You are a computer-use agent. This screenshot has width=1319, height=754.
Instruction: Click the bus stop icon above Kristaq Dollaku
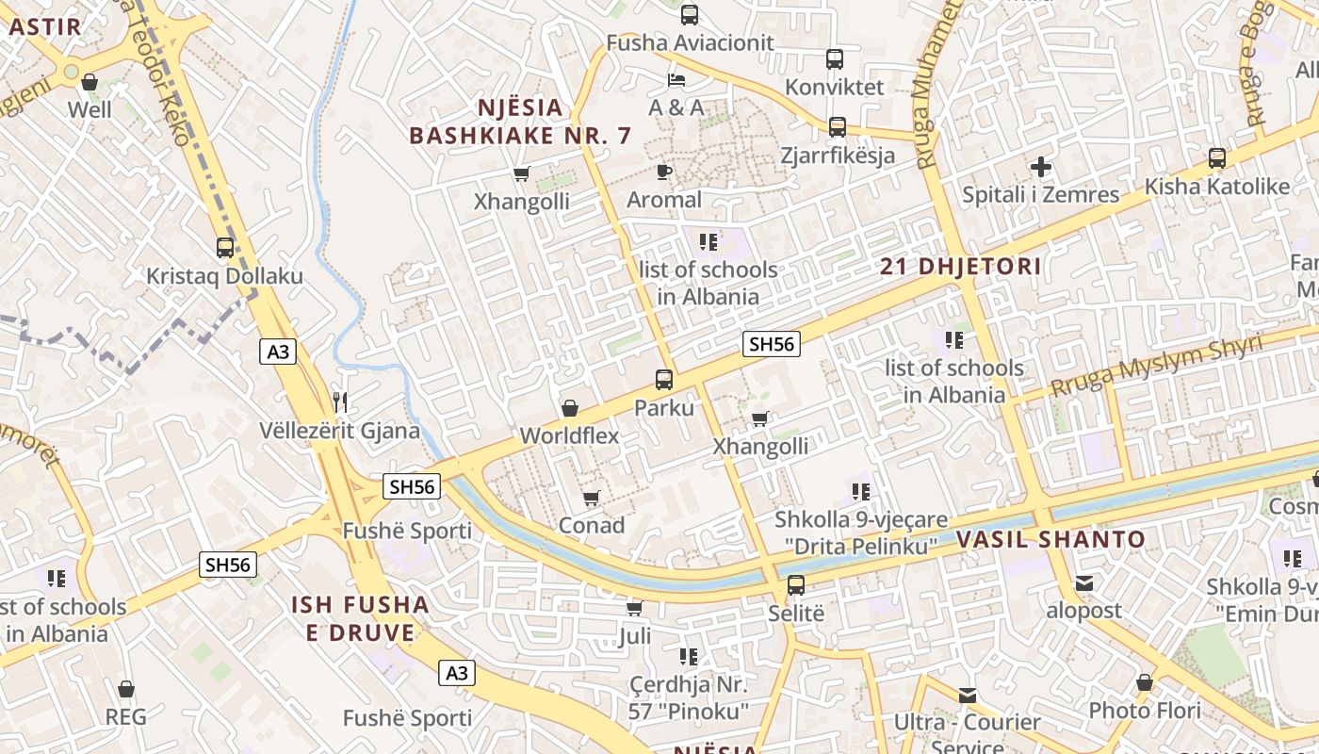coord(225,248)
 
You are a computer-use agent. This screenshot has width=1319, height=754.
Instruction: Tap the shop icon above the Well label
coord(90,83)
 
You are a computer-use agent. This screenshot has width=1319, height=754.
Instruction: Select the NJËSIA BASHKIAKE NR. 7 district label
coord(520,122)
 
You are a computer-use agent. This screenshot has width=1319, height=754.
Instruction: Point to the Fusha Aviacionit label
coord(690,42)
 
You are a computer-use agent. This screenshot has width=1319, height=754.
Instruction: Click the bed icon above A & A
coord(676,79)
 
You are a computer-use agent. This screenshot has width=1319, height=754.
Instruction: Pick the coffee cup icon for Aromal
coord(664,172)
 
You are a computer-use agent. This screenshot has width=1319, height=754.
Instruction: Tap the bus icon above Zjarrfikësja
coord(838,126)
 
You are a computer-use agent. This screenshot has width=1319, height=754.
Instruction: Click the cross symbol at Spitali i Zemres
coord(1041,167)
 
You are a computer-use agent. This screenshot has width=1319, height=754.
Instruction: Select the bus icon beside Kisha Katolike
coord(1217,158)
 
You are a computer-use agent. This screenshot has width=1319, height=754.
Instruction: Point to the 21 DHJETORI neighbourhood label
coord(961,267)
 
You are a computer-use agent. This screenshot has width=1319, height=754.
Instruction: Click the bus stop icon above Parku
coord(664,380)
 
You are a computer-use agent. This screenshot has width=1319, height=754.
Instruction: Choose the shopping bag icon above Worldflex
coord(570,408)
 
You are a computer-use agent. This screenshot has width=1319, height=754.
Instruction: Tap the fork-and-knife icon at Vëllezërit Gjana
coord(340,402)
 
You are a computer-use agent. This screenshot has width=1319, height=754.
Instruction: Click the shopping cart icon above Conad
coord(592,498)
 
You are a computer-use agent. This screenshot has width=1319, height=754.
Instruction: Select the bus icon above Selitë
coord(796,585)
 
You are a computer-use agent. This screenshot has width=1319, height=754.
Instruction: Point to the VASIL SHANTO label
coord(1050,540)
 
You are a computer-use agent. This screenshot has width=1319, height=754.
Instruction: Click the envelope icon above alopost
coord(1084,583)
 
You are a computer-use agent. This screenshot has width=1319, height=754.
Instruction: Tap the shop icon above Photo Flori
coord(1145,682)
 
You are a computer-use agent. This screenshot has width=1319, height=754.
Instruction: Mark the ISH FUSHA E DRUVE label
coord(360,618)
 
